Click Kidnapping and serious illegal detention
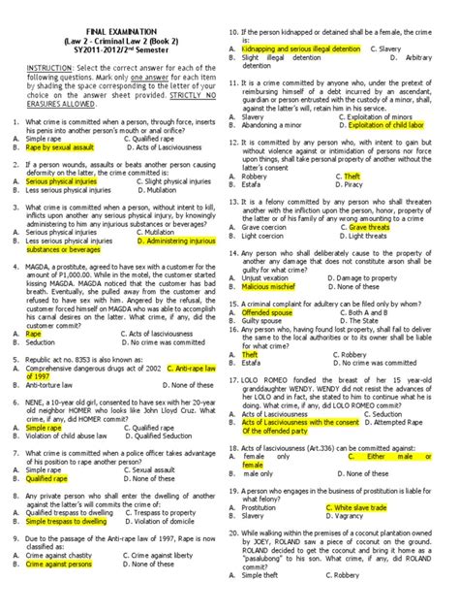pyautogui.click(x=301, y=48)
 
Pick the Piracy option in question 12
pyautogui.click(x=348, y=184)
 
